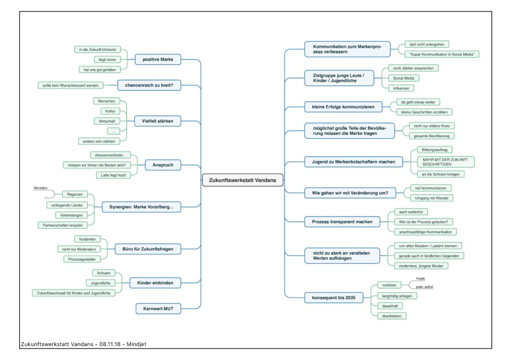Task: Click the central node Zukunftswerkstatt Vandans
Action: pos(243,180)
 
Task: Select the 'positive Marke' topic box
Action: pos(158,59)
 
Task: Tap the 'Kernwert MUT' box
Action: pos(158,309)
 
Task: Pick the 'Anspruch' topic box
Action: pos(163,165)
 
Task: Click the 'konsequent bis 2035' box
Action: pos(334,298)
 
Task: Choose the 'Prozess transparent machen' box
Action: pos(342,222)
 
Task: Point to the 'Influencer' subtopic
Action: pos(401,89)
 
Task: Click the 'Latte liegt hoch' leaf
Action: pos(113,176)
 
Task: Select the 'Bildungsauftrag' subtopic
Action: pos(434,150)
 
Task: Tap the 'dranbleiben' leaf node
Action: pos(392,316)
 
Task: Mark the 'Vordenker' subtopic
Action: pos(87,239)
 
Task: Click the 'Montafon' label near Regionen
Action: pos(41,188)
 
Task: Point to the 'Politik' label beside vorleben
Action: pos(421,279)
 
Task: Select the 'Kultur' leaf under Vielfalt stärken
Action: pos(110,111)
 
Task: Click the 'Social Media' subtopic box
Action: pos(404,78)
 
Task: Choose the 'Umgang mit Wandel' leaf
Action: pos(431,198)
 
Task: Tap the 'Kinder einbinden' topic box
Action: pos(155,283)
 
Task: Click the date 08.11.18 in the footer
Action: pos(110,344)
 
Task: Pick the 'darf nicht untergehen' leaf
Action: pos(427,44)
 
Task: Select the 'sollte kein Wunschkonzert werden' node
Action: pos(71,86)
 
